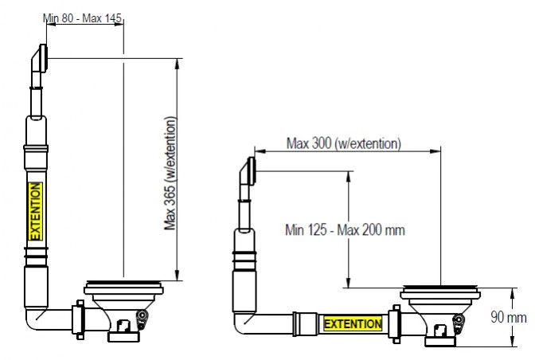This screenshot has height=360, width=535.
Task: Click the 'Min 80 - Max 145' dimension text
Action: (82, 18)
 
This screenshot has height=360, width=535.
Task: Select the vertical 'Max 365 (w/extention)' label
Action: (170, 174)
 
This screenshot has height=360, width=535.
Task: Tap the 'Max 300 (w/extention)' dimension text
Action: (344, 143)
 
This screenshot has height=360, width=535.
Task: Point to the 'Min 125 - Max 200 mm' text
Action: (345, 230)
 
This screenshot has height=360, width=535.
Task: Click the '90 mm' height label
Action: (509, 317)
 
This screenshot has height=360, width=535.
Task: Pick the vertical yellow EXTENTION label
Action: (35, 211)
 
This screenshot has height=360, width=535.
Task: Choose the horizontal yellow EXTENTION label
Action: (353, 324)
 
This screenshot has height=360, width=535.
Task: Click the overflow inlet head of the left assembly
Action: (40, 58)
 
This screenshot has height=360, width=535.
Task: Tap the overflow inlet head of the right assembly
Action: (248, 171)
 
